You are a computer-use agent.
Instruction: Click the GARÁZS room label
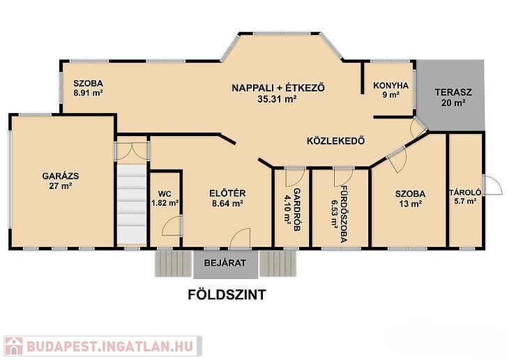[61, 176]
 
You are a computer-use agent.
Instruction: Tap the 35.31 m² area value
[277, 99]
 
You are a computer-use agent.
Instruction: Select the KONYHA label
[391, 86]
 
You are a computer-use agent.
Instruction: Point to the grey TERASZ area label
[453, 92]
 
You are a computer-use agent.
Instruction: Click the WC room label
[165, 194]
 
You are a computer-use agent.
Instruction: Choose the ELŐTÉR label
[227, 193]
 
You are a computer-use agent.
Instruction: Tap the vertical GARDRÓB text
[297, 209]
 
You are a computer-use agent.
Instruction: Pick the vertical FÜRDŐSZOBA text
[344, 213]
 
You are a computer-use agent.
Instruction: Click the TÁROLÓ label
[465, 193]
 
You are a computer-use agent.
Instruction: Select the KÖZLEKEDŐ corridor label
[336, 141]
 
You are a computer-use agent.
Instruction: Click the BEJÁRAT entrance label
[225, 263]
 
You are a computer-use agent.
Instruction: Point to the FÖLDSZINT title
[227, 294]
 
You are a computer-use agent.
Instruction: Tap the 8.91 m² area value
[89, 93]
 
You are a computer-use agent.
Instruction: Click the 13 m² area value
[410, 204]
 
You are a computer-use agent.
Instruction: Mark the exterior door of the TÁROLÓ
[492, 185]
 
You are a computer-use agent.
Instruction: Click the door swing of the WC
[172, 225]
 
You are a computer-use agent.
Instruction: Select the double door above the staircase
[132, 151]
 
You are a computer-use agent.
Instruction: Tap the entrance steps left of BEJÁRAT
[174, 264]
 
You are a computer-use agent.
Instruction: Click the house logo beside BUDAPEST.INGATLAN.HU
[14, 346]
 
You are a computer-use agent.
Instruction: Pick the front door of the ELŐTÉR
[240, 239]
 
